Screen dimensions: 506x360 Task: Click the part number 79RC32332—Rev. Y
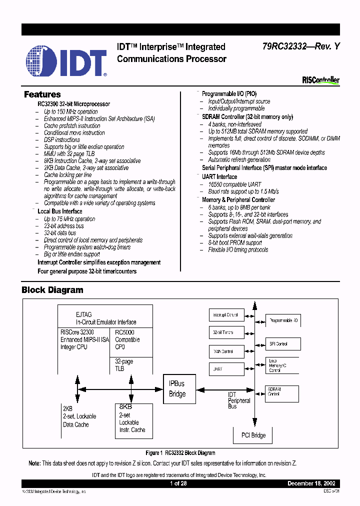click(x=301, y=46)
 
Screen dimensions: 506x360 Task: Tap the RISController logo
click(x=320, y=80)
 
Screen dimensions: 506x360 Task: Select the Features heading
click(x=42, y=94)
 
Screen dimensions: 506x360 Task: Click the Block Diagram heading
click(x=52, y=290)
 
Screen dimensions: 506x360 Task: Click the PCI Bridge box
click(x=254, y=435)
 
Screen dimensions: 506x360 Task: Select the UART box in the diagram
click(x=226, y=368)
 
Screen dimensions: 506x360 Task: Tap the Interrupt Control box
click(x=226, y=315)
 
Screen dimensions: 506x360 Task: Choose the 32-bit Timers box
click(x=226, y=332)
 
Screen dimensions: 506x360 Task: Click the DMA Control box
click(x=226, y=351)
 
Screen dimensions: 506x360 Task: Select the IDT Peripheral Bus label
click(x=239, y=400)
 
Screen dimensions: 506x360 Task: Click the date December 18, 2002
click(x=313, y=484)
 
